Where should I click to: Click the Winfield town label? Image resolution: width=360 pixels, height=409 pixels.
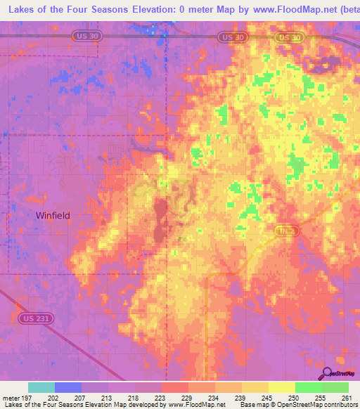(x=53, y=216)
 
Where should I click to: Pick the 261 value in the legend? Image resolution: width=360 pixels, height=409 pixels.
(x=347, y=397)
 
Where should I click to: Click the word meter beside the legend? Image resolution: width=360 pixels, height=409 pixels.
(x=11, y=397)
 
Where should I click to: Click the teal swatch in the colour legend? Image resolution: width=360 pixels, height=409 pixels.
(x=41, y=387)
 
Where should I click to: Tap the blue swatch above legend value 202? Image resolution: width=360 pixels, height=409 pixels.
(x=68, y=387)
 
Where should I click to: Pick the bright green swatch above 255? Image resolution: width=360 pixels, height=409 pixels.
(x=309, y=387)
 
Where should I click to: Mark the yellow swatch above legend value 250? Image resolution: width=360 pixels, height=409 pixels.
(x=282, y=387)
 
